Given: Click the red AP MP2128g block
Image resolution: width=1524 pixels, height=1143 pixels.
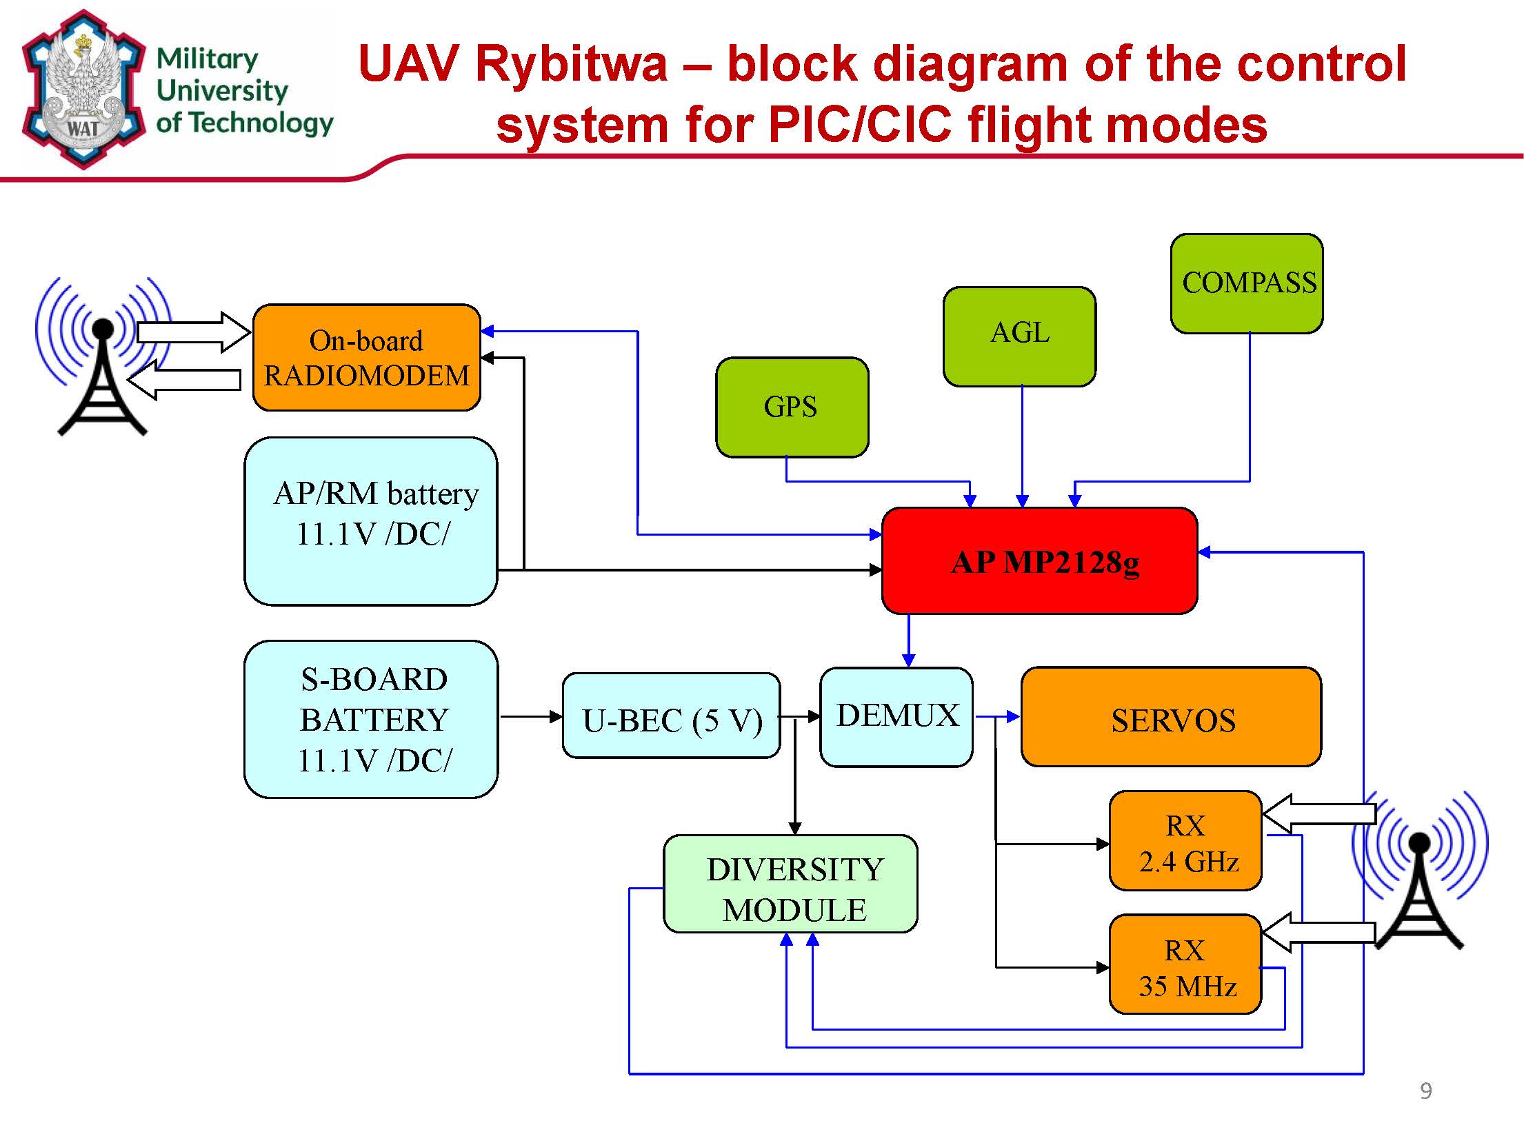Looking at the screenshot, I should point(1039,561).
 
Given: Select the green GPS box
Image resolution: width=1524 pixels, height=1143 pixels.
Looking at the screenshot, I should point(792,407).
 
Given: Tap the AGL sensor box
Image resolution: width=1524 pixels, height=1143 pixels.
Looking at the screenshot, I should point(1019,336).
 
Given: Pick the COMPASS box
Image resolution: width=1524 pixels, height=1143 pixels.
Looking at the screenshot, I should point(1247,283).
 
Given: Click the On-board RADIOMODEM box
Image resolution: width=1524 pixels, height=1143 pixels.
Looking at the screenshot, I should point(366,357).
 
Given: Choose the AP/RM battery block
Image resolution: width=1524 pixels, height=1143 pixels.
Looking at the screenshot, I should point(371,521).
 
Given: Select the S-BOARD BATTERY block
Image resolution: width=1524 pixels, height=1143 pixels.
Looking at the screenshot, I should point(371,719).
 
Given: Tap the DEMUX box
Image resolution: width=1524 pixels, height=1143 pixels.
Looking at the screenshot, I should point(896,716).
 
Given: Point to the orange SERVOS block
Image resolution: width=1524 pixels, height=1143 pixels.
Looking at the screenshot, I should point(1171,717).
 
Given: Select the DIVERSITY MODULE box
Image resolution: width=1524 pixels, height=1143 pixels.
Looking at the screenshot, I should point(790,884).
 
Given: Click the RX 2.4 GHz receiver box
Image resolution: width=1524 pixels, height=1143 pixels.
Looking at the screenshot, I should point(1185,841).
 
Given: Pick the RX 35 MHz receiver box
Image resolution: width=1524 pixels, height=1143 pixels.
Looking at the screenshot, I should point(1185,964).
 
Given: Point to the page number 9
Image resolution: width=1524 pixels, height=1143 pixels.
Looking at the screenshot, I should point(1426,1091).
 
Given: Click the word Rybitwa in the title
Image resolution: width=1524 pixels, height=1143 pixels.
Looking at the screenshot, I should point(571,63).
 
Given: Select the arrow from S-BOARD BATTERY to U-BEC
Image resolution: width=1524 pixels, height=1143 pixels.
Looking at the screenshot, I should point(530,717).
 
